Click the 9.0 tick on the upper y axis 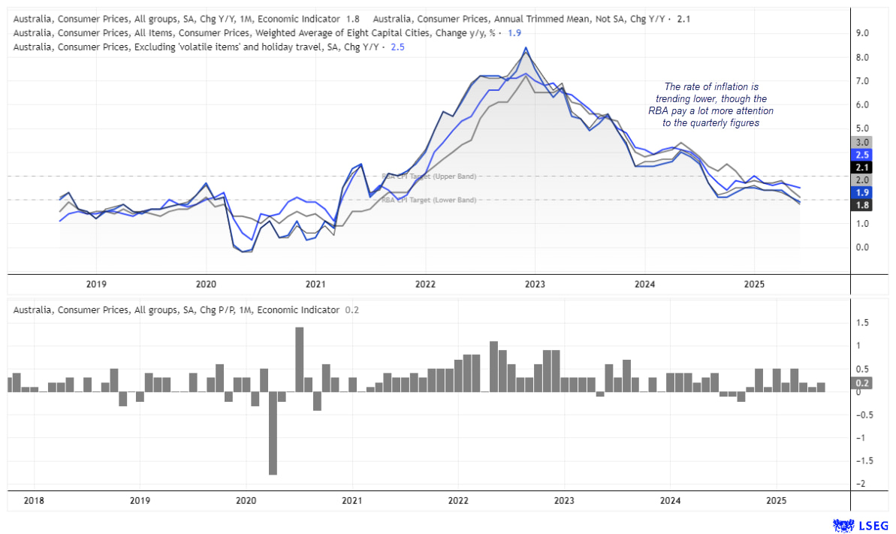coord(862,33)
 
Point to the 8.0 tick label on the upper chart coord(862,57)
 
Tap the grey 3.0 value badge coord(862,142)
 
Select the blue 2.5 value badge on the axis coord(862,155)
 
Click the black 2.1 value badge coord(862,167)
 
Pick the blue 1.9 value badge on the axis coord(862,192)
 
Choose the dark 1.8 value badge coord(862,205)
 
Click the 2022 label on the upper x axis coord(425,284)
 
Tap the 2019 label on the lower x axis coord(140,500)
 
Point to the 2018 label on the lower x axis coord(33,500)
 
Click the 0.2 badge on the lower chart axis coord(862,382)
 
